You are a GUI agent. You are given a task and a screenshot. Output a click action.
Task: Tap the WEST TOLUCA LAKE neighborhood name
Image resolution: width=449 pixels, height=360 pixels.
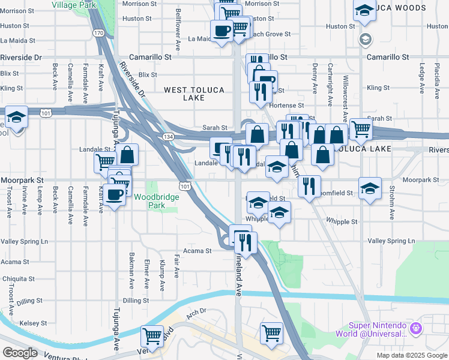click(x=194, y=94)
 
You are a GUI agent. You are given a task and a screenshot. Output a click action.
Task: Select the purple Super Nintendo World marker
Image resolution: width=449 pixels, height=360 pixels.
click(x=417, y=329)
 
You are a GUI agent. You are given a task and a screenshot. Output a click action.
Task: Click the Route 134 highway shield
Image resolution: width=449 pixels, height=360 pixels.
click(x=165, y=137)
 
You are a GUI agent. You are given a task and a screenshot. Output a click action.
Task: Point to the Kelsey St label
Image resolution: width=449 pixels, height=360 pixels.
click(x=16, y=323)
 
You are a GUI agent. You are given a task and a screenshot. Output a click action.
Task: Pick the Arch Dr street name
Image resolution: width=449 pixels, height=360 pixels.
click(x=196, y=311)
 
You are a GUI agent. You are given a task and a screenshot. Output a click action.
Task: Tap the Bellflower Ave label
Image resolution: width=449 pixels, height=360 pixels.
click(x=178, y=29)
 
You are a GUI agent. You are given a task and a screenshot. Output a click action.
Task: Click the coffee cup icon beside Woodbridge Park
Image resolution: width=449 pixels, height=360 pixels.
click(x=114, y=194)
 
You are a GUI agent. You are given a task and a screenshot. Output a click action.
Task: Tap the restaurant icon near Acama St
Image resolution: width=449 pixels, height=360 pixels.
click(x=246, y=242)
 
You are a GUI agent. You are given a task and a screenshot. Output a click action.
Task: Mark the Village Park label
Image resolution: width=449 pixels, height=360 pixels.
click(x=74, y=4)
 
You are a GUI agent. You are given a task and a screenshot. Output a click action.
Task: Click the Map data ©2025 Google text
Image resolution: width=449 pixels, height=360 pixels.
click(x=411, y=355)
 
